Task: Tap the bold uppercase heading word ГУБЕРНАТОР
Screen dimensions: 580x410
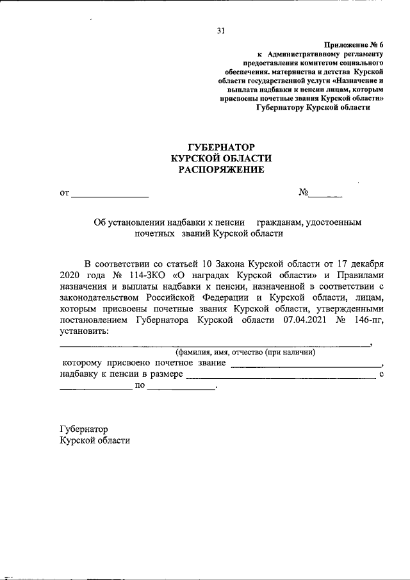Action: (221, 147)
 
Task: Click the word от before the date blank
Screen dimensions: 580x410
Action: (64, 192)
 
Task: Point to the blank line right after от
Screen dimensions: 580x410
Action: (110, 194)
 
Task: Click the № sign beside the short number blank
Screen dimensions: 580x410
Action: (304, 192)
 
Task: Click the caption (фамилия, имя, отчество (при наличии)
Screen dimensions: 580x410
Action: (246, 352)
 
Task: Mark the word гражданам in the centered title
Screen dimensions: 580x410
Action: (281, 222)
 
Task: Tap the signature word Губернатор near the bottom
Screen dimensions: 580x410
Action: (83, 429)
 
